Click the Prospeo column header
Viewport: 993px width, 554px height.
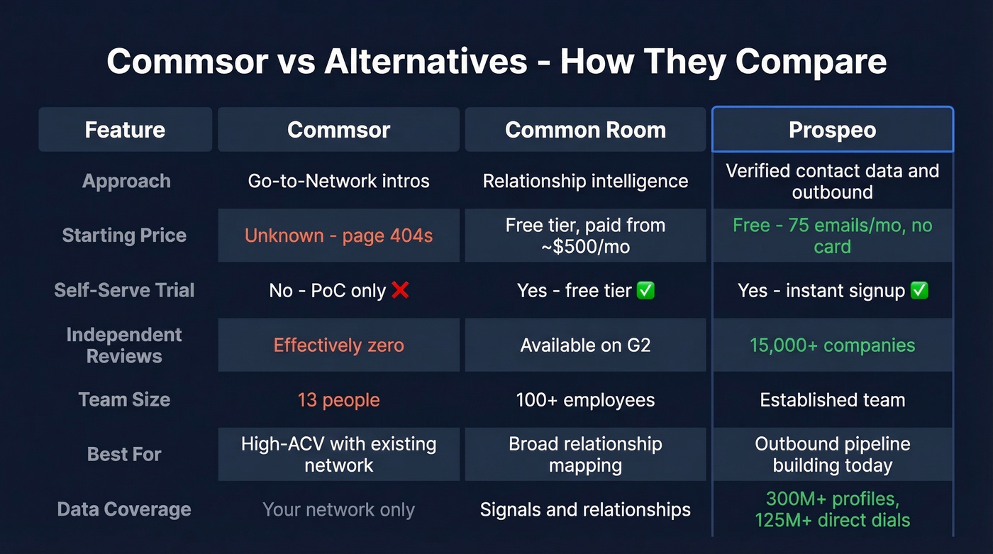(832, 130)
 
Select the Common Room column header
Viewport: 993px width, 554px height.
(585, 130)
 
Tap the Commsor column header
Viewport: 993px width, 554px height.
(338, 130)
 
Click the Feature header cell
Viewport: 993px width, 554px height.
(125, 130)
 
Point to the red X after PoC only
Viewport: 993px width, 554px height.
(400, 290)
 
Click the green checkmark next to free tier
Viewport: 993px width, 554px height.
(645, 290)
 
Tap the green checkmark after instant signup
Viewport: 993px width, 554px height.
(919, 290)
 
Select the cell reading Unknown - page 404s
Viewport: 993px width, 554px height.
(338, 236)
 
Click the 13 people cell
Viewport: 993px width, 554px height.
(338, 400)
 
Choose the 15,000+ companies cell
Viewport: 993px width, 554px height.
(832, 345)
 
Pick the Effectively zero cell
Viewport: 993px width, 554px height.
(338, 345)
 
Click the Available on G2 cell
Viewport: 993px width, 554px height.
(585, 345)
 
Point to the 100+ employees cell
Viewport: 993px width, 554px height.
(585, 400)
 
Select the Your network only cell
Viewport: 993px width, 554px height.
(338, 509)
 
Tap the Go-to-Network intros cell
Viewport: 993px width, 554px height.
(338, 181)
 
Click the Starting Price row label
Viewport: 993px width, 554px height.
(124, 236)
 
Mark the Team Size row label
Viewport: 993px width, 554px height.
(124, 400)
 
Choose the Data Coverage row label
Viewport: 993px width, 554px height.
(124, 509)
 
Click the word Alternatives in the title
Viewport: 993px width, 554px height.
(426, 62)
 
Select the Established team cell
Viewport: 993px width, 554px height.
(832, 400)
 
